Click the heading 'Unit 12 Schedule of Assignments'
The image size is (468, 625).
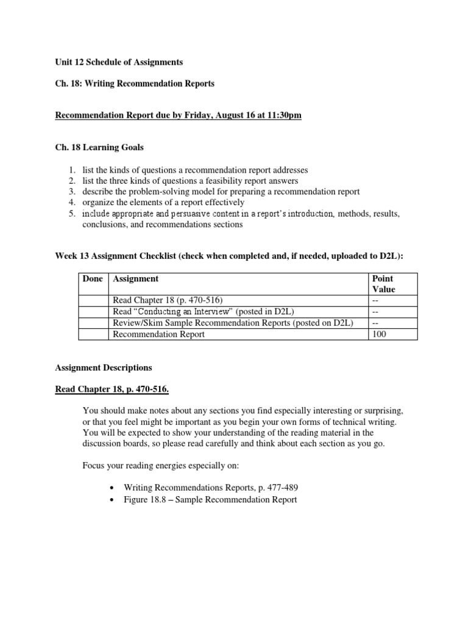point(118,62)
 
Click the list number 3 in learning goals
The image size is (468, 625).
point(71,192)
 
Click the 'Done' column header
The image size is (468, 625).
point(94,279)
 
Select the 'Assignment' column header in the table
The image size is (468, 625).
point(136,279)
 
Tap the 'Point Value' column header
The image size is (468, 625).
point(383,284)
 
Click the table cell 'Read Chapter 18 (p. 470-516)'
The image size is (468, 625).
point(168,301)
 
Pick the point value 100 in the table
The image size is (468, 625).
point(378,334)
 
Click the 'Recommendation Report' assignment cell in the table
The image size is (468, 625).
point(159,334)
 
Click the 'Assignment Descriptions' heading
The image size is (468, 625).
point(104,368)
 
